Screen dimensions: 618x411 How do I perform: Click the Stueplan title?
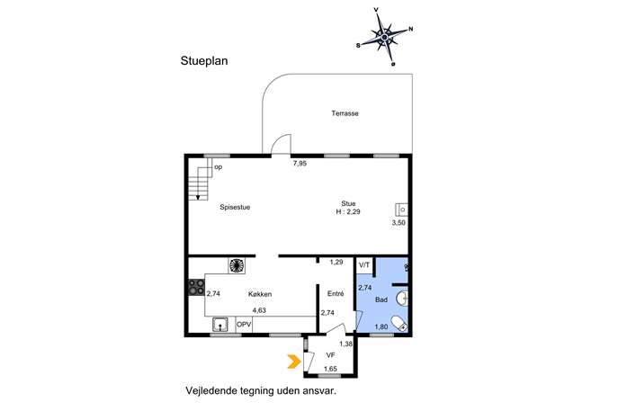tap(204, 61)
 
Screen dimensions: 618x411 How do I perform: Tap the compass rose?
tap(384, 37)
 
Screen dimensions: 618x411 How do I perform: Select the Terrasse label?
tap(345, 113)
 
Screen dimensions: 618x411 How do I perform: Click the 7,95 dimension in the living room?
tap(300, 163)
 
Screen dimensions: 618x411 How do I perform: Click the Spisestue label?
tap(235, 207)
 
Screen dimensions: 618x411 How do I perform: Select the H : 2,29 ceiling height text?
tap(348, 211)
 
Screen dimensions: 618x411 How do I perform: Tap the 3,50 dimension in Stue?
tap(399, 223)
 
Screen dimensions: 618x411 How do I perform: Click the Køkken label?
tap(260, 294)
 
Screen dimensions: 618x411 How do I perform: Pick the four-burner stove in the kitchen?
tap(196, 287)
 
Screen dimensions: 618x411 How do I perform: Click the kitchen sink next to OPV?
tap(219, 325)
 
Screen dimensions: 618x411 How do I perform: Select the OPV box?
tap(244, 325)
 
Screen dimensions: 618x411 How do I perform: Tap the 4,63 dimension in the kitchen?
tap(259, 310)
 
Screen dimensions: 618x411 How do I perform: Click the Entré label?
tap(336, 293)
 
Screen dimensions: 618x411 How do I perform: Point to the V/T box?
tap(364, 265)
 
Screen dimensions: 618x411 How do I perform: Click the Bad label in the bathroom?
tap(381, 299)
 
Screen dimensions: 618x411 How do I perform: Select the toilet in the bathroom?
tap(399, 324)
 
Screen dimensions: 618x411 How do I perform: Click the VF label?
tap(330, 355)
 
